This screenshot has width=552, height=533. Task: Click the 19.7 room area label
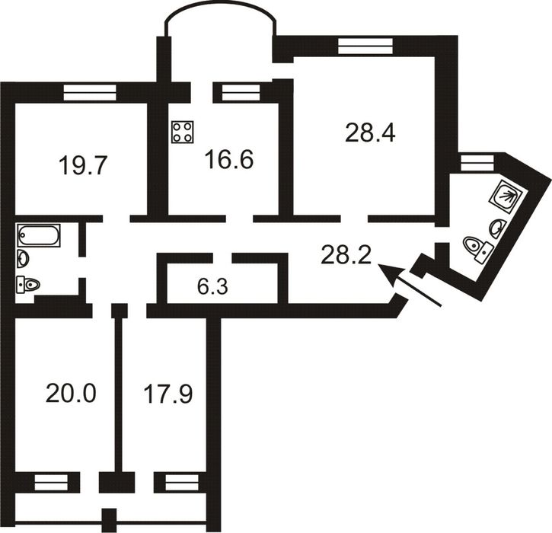(83, 165)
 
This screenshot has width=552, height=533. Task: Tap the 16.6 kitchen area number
(229, 159)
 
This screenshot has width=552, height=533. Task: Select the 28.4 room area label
(370, 132)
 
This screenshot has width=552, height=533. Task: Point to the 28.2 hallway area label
(346, 255)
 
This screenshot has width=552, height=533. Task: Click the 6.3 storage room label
(212, 287)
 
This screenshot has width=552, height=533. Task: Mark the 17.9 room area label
(168, 394)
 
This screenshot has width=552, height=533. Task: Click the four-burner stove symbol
(183, 132)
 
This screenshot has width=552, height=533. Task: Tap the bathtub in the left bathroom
(39, 235)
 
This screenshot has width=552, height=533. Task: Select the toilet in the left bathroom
(28, 284)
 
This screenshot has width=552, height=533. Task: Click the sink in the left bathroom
(23, 259)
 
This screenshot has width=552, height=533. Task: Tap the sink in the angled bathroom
(498, 229)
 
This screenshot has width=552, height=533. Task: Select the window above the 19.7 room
(90, 92)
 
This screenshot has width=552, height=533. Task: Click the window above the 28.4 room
(365, 46)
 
